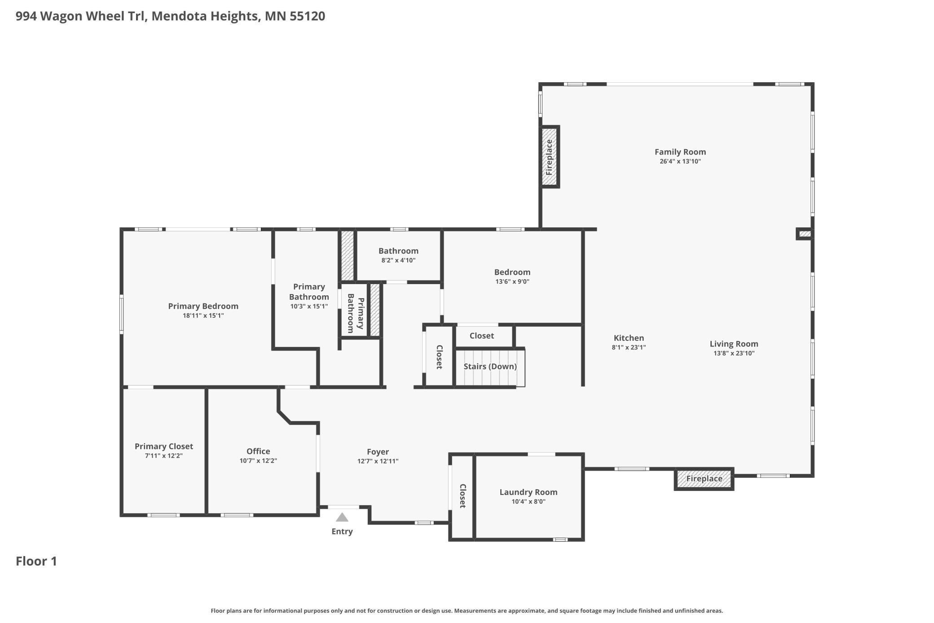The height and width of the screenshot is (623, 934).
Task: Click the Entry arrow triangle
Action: coord(342,517)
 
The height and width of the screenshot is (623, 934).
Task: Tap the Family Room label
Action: coord(680,152)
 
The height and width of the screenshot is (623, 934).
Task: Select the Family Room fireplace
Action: coord(549,157)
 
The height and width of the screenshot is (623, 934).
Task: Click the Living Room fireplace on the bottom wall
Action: coord(704,479)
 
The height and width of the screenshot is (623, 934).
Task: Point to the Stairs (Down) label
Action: coord(490,366)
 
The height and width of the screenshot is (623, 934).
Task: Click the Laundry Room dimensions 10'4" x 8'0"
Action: coord(529,502)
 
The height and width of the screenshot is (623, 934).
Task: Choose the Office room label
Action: coord(258,451)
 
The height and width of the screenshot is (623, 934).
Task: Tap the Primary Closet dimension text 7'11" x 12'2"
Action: coord(163,456)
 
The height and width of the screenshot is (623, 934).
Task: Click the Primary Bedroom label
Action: coord(203,306)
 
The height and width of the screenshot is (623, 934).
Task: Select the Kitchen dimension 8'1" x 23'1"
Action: coord(629,347)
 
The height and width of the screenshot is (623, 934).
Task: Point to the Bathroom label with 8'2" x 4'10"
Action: coord(398,251)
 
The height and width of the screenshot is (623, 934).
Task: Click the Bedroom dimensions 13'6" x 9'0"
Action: coord(512,282)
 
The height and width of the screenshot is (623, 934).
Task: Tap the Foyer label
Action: coord(378,452)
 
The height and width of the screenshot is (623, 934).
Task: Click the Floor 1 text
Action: coord(36,561)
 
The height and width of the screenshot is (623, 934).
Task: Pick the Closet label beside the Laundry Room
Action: coord(463,496)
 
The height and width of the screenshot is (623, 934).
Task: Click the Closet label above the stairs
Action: coord(481,336)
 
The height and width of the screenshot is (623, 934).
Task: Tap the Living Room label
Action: coord(734,344)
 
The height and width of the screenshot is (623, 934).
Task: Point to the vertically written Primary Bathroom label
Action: coord(356,313)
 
